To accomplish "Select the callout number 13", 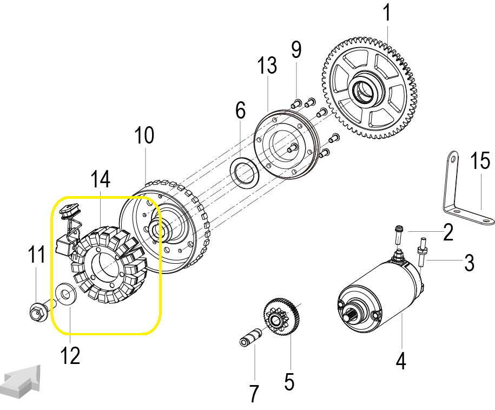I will click(267, 66).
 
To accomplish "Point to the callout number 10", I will click(144, 135).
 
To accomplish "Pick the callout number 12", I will click(71, 355).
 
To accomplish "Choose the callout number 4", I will click(400, 360).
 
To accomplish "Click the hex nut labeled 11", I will click(37, 311).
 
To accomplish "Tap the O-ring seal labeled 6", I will click(245, 172).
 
